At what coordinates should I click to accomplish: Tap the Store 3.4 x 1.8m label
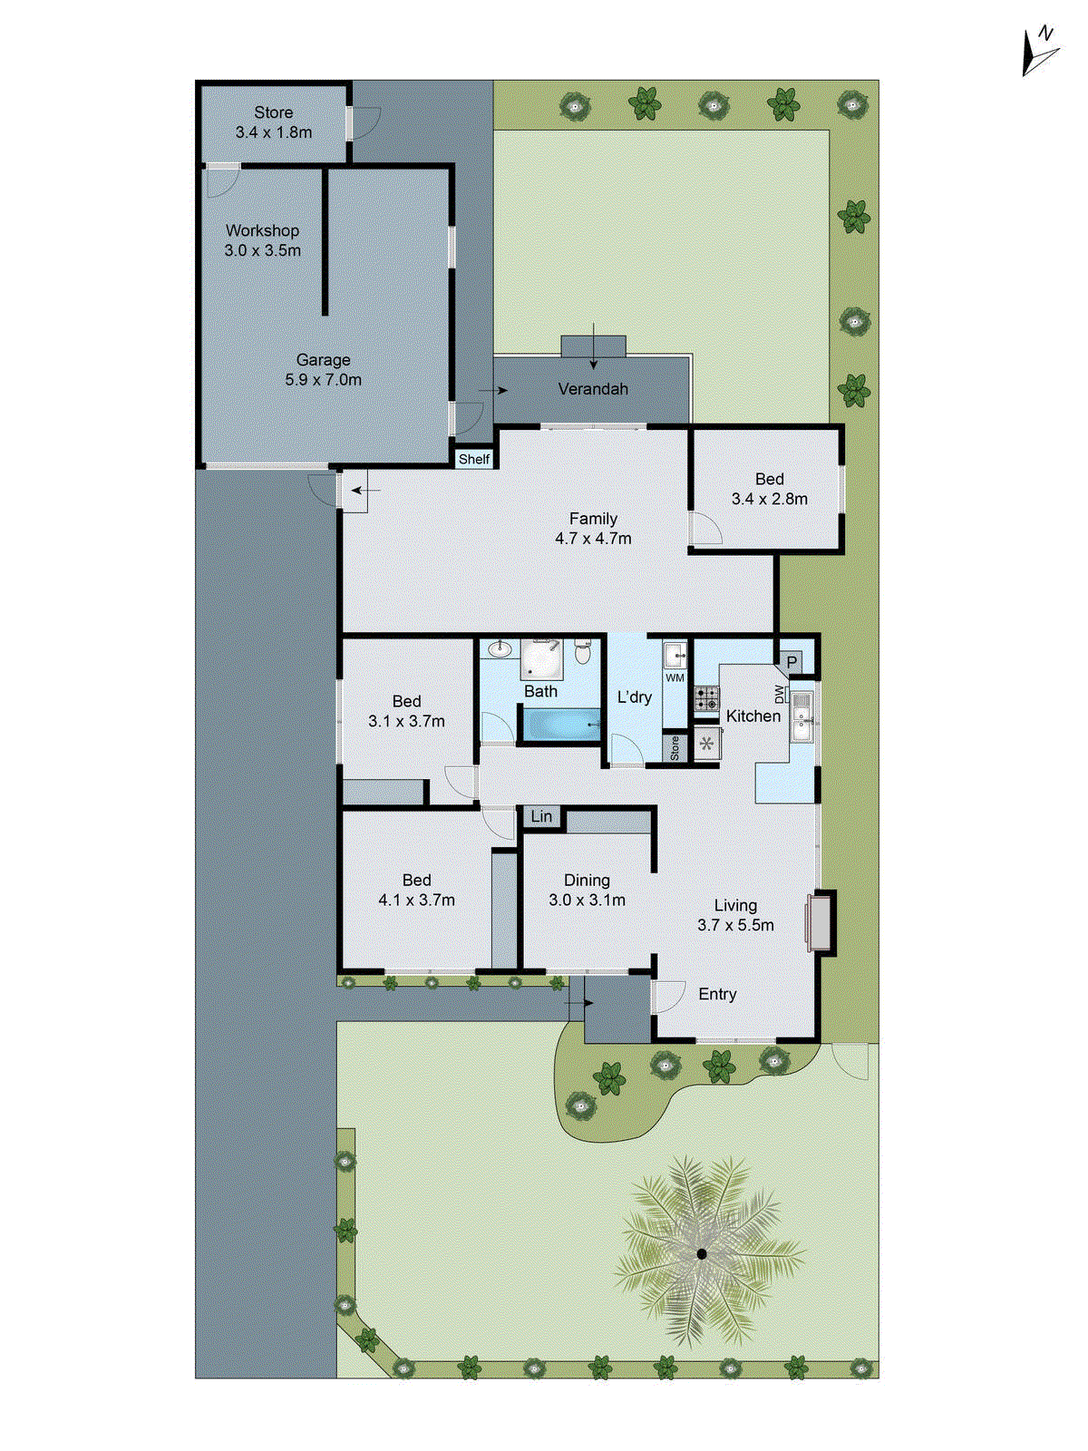tap(273, 122)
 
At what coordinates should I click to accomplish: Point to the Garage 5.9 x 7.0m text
tap(323, 370)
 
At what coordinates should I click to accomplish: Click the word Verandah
tap(593, 389)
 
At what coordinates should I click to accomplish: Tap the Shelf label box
tap(473, 460)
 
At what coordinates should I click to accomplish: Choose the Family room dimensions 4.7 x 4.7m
tap(593, 538)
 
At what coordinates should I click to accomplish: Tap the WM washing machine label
tap(675, 677)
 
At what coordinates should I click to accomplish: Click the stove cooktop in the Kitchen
tap(706, 698)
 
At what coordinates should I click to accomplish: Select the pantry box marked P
tap(792, 663)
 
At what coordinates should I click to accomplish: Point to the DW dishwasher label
tap(779, 694)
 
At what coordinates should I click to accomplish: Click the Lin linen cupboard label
tap(541, 816)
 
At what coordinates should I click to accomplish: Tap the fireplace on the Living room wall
tap(821, 923)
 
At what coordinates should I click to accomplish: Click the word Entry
tap(717, 994)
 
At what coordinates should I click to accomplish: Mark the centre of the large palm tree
tap(702, 1253)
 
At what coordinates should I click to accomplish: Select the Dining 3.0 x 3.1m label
tap(587, 890)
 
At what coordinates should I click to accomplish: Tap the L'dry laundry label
tap(634, 696)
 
